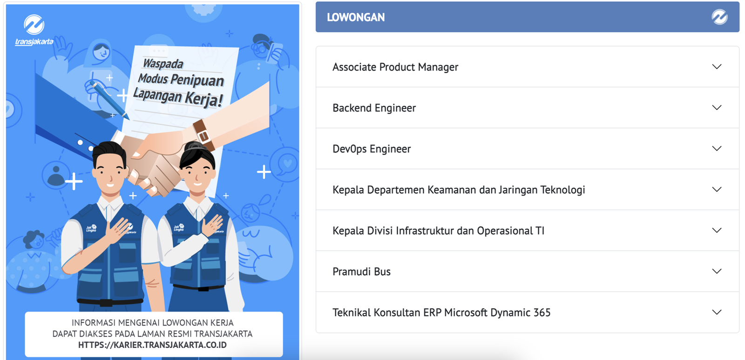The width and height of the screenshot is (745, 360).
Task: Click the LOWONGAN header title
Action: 356,17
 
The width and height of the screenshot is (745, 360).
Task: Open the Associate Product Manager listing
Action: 395,67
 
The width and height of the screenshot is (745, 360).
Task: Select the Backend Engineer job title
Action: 374,108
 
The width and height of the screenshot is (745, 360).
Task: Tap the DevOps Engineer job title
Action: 372,149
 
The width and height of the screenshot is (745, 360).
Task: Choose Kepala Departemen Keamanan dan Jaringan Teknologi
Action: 459,190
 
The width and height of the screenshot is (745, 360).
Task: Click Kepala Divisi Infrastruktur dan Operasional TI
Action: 438,231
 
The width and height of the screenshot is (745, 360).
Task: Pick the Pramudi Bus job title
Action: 361,272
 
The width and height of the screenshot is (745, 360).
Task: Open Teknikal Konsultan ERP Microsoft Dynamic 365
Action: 441,312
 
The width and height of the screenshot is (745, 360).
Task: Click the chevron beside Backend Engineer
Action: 717,108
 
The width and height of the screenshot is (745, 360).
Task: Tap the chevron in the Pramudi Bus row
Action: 717,272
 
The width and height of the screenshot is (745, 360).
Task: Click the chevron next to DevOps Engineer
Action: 717,149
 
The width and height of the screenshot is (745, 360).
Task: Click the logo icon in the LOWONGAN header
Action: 719,17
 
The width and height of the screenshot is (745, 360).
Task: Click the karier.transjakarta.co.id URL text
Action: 152,345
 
